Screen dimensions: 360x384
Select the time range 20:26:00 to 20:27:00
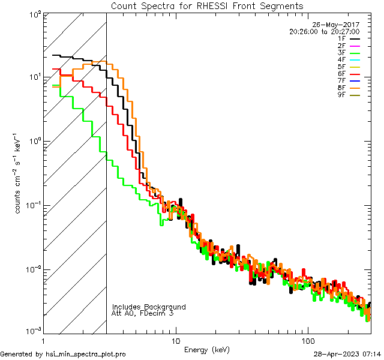click(x=324, y=31)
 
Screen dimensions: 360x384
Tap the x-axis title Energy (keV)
click(x=206, y=349)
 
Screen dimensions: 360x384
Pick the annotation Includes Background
click(x=149, y=307)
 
